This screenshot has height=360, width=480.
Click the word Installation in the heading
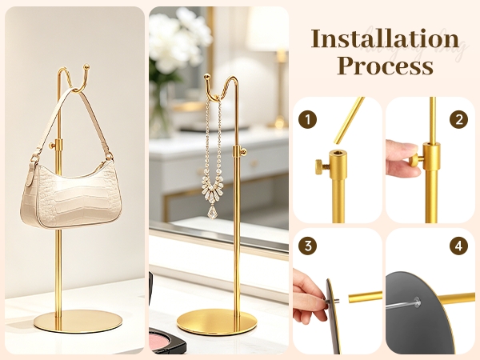pos(385,39)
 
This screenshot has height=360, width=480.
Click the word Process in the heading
pos(385,66)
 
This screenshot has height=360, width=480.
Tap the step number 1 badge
pos(307,119)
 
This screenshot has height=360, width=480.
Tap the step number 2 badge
pos(458,119)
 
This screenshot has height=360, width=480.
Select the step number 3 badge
pos(307,246)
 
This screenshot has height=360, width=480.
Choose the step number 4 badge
pos(458,246)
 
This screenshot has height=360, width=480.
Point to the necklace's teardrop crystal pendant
pos(213,212)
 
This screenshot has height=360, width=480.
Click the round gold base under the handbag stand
pos(78,321)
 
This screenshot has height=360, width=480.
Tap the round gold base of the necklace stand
pos(217,322)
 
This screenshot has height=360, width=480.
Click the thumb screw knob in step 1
pos(320,167)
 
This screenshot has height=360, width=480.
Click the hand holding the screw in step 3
pos(309,297)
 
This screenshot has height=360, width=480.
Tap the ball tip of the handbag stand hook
pos(86,66)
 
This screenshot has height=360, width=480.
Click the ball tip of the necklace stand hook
pos(207,77)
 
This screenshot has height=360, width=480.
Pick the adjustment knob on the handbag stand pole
pos(52,145)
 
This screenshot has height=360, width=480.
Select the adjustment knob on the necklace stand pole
pos(244,151)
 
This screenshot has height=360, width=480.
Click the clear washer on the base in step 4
pos(416,302)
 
